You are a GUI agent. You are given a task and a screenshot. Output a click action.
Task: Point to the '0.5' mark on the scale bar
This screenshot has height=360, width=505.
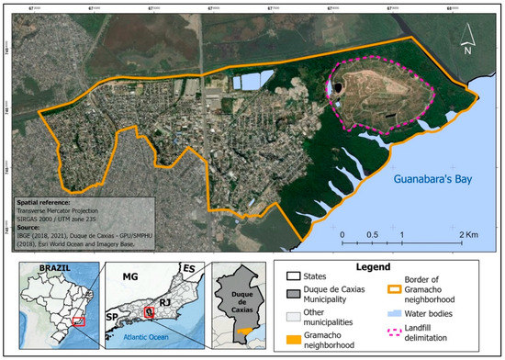click(x=372, y=235)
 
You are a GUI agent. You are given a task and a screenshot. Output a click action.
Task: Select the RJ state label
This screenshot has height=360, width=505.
click(x=165, y=299)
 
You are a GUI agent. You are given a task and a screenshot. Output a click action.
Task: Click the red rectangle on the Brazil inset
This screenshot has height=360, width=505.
click(x=80, y=321)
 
